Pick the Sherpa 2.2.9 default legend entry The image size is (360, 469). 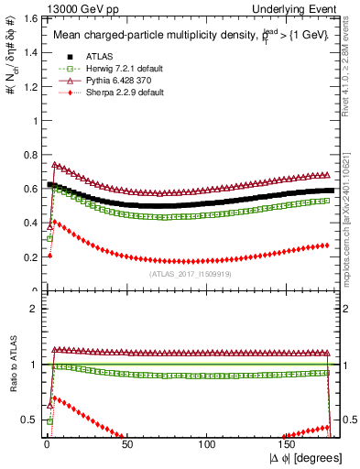click(x=100, y=94)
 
